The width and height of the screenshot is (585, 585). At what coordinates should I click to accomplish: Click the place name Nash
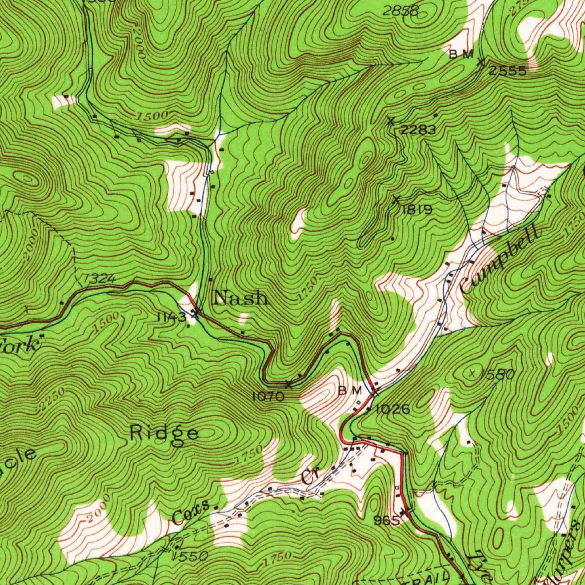tap(240, 298)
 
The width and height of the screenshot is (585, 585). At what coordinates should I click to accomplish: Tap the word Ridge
tap(165, 433)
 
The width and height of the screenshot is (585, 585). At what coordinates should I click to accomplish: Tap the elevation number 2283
tap(418, 130)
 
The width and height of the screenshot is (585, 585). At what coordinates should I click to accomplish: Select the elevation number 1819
tap(417, 210)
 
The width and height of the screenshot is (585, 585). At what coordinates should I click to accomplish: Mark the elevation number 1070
tap(267, 395)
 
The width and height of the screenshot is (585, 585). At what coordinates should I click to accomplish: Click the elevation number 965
tap(386, 520)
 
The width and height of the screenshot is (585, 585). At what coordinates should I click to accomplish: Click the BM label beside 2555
tap(461, 54)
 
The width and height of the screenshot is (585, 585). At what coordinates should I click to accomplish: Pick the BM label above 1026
tap(350, 391)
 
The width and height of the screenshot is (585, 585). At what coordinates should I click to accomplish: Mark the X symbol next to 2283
tap(391, 121)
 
